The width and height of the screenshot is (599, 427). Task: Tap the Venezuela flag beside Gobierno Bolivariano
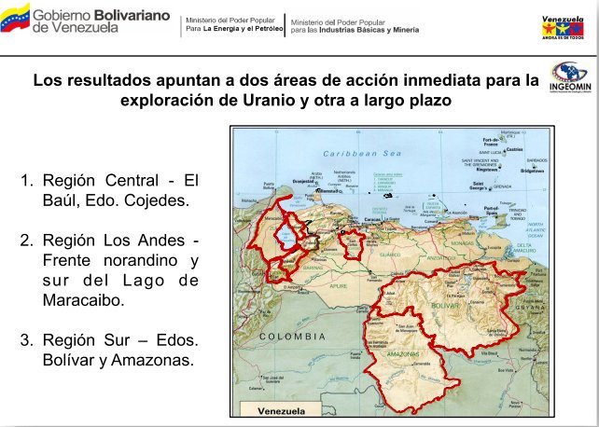tap(15, 19)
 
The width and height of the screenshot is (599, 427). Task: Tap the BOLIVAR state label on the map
tap(445, 305)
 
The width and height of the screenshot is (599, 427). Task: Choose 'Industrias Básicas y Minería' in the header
tap(366, 29)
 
